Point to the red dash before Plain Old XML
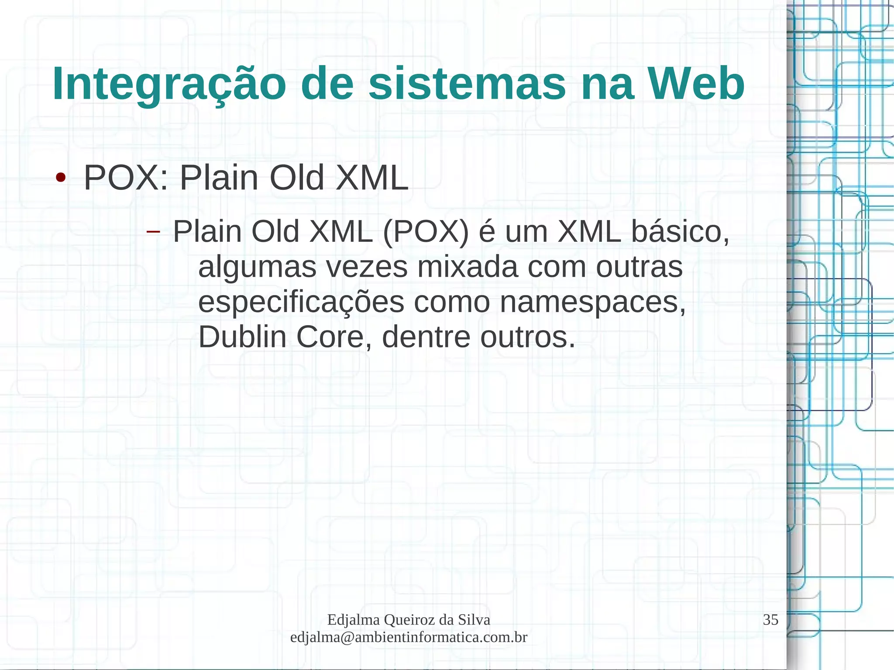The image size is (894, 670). click(x=153, y=231)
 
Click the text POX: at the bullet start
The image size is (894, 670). click(x=126, y=178)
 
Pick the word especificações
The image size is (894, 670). click(x=301, y=302)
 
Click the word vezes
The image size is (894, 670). click(x=367, y=267)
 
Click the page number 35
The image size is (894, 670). click(x=770, y=619)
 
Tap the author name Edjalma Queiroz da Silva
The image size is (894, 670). click(x=409, y=619)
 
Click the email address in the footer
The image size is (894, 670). click(x=409, y=637)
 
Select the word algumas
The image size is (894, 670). click(x=257, y=268)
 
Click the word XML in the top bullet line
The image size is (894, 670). click(x=371, y=178)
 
